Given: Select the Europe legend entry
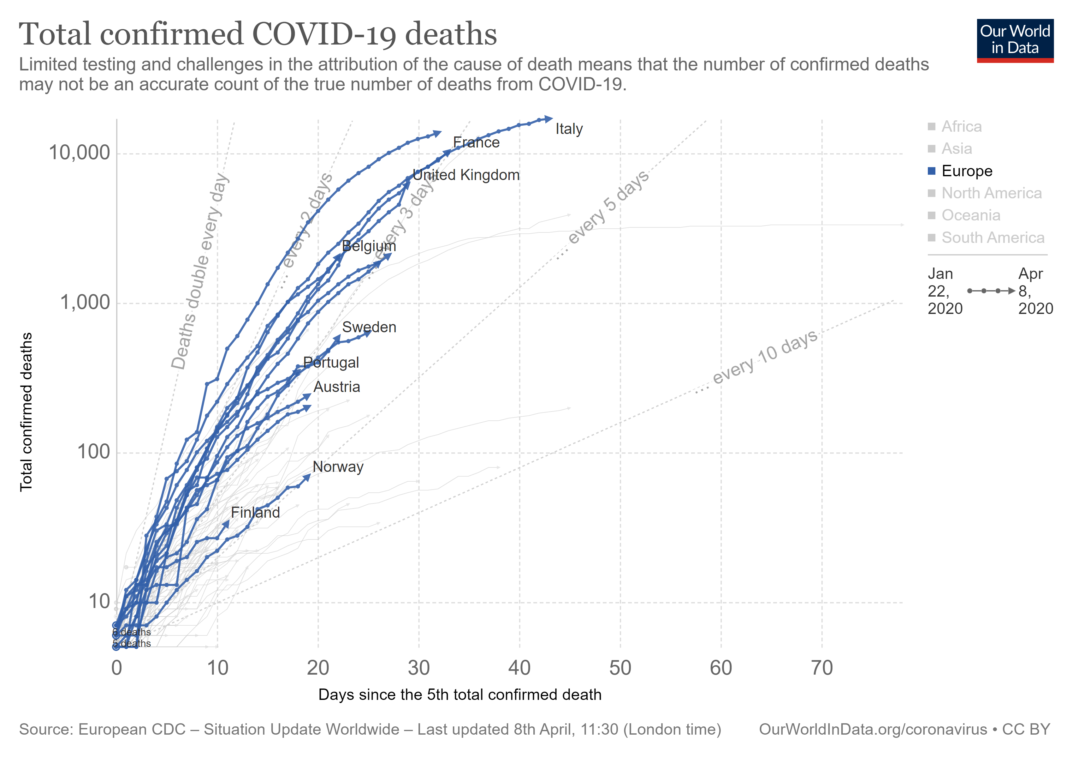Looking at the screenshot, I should point(966,171).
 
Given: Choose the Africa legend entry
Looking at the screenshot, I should point(961,127).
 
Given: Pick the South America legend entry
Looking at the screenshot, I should point(992,238).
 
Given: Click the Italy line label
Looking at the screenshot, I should point(569,129).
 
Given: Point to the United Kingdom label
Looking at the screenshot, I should point(466,175).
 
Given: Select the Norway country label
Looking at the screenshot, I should point(338,467).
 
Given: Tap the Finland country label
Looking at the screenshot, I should point(255,513).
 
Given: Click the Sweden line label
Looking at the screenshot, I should point(369,327).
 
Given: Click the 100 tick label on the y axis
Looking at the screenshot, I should point(93,452).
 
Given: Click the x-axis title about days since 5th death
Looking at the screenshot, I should point(459,695).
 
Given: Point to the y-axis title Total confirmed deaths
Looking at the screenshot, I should point(26,412).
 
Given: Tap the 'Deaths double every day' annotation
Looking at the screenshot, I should point(200,271).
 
